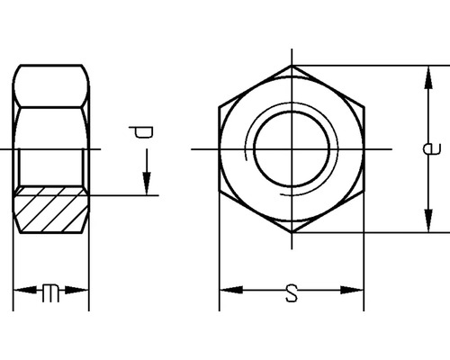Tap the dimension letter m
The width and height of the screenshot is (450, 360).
tap(51, 292)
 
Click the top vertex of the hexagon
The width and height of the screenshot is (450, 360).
tap(292, 65)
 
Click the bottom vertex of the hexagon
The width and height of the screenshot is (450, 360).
tap(292, 232)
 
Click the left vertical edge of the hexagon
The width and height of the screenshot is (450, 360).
tap(220, 148)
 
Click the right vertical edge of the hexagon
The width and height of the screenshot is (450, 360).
tap(364, 148)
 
